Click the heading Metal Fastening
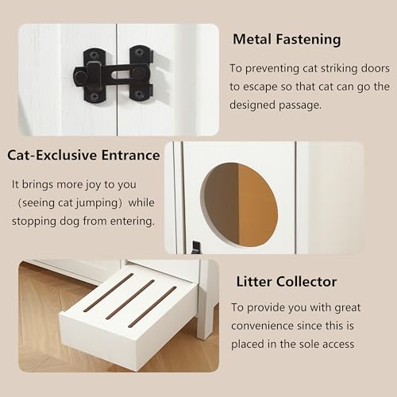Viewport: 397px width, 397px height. click(287, 39)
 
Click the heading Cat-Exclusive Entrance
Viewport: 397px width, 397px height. click(85, 155)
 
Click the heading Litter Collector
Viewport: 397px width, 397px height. click(286, 281)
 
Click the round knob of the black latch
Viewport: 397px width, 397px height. click(80, 77)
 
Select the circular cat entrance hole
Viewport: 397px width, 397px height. click(238, 204)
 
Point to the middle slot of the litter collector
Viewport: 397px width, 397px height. click(130, 301)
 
